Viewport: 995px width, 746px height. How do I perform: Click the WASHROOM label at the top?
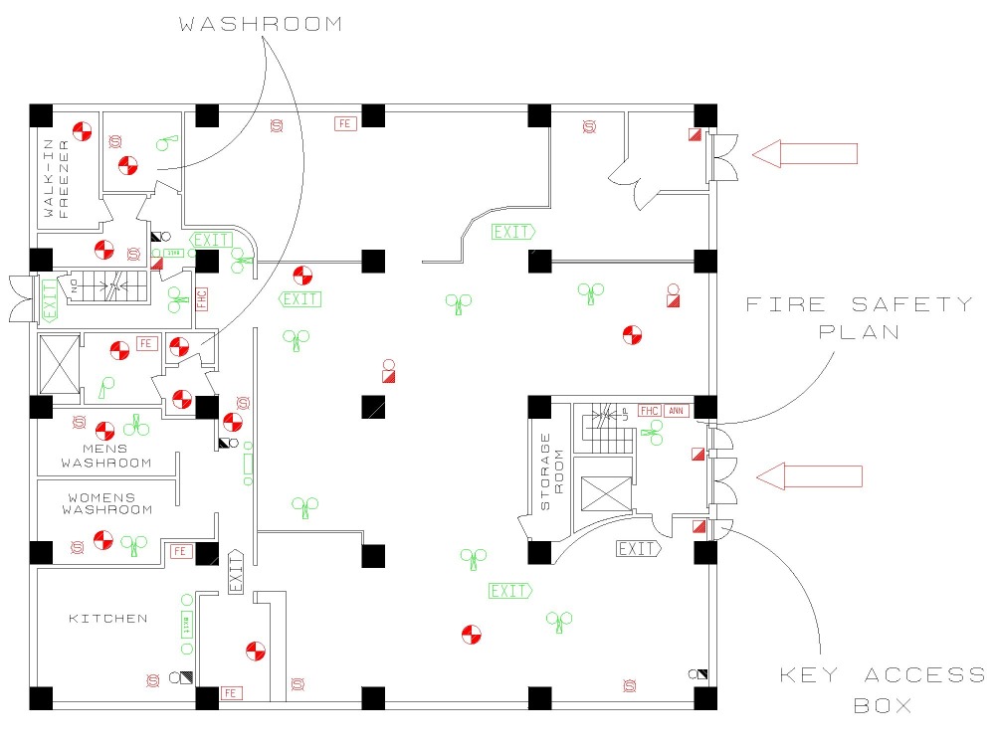pos(260,24)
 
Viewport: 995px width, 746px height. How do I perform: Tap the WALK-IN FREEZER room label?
pos(56,185)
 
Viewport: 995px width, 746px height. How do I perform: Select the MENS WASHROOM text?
pos(105,456)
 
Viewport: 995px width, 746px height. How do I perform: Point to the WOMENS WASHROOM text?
pos(107,503)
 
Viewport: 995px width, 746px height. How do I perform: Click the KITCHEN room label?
pos(107,619)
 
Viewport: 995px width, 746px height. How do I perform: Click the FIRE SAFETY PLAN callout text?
pos(860,317)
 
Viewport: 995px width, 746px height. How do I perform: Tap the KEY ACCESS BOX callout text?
pos(882,690)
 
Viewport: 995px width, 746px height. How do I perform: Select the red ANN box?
pos(677,411)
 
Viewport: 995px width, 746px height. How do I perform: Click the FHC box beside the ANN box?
pos(650,411)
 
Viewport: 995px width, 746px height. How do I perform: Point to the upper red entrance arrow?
pos(805,153)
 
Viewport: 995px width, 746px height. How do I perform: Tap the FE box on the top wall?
pos(345,123)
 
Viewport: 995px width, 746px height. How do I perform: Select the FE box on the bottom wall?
pos(231,692)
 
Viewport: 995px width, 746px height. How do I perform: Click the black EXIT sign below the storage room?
pos(638,548)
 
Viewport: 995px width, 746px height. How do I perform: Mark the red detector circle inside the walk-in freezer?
pos(83,130)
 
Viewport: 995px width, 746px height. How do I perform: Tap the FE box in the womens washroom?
pos(181,551)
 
